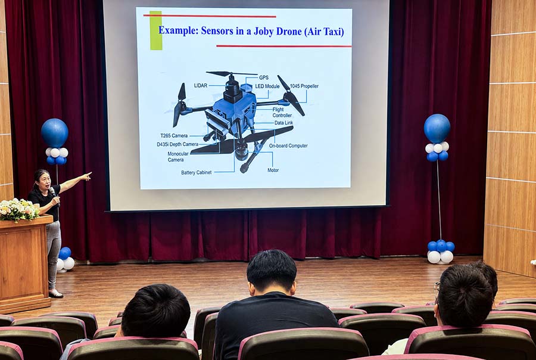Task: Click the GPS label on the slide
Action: (x=264, y=77)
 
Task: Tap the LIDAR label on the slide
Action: (x=201, y=86)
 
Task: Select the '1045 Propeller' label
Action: (x=304, y=86)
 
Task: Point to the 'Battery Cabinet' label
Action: (x=196, y=172)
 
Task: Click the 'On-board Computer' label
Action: (x=288, y=146)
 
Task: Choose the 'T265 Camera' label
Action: (x=174, y=135)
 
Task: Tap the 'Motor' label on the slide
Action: (x=273, y=170)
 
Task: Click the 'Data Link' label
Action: (x=283, y=123)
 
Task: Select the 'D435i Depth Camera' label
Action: (x=177, y=144)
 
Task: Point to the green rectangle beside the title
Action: (x=156, y=30)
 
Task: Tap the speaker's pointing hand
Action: (x=87, y=176)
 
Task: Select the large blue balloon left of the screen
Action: (x=55, y=133)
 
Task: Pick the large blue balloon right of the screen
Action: (x=437, y=128)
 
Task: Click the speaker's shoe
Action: (x=56, y=294)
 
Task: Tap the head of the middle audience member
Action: (x=272, y=272)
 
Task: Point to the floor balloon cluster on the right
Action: (x=441, y=252)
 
